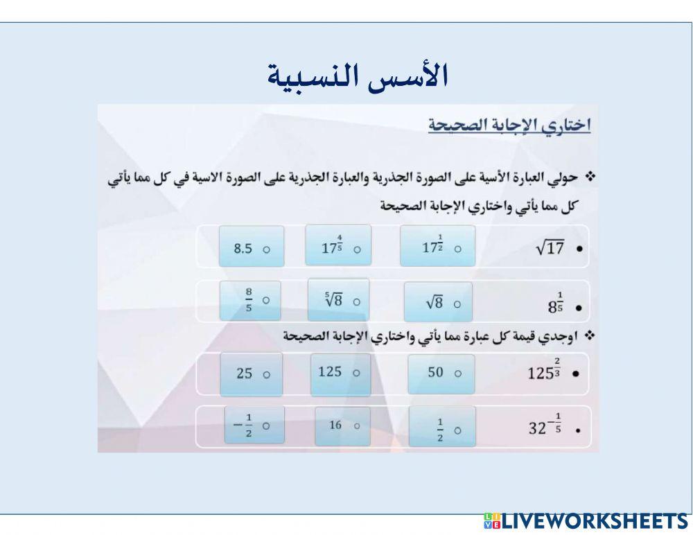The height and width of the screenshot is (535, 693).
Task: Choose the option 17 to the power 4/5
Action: [x=337, y=246]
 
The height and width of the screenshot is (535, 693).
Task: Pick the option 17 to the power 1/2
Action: [x=437, y=246]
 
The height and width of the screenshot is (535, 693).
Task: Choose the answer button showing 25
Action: [x=251, y=373]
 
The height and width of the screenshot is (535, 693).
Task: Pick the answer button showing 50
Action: [x=441, y=373]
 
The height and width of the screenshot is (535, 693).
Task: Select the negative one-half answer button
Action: [x=250, y=426]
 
